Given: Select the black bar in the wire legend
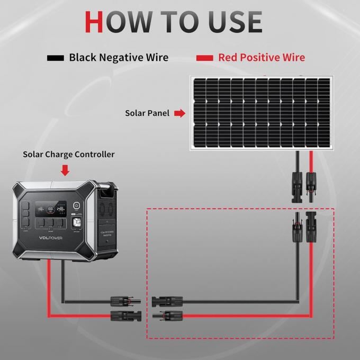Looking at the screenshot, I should [x=56, y=58].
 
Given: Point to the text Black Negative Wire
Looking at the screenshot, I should [x=119, y=58].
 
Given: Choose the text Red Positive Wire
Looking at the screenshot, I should [x=262, y=58].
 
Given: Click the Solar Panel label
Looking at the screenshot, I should [x=147, y=113].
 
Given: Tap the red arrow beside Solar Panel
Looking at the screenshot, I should [x=180, y=113].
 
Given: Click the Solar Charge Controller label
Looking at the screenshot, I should [x=68, y=155].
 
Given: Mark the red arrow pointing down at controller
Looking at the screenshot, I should [x=66, y=170].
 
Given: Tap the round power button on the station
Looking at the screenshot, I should [x=76, y=206].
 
